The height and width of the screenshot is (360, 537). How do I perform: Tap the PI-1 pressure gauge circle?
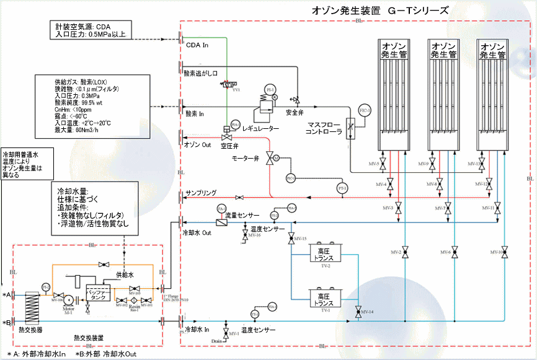pos(269,90)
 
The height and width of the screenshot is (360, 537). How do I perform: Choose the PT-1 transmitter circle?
pos(341,187)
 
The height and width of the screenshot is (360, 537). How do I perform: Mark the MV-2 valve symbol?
pos(405,252)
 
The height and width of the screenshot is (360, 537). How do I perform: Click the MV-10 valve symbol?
pos(506,252)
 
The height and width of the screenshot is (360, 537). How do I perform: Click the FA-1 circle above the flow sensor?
pos(222,209)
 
